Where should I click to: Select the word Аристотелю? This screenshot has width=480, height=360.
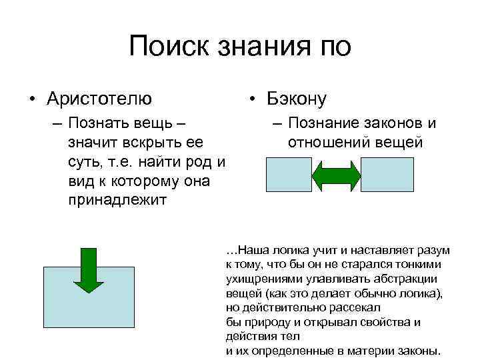point(99,99)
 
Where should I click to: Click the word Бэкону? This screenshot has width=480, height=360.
point(297,99)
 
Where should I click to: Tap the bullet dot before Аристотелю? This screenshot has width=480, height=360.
point(32,100)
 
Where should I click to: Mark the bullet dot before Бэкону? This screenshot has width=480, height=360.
point(253,100)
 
